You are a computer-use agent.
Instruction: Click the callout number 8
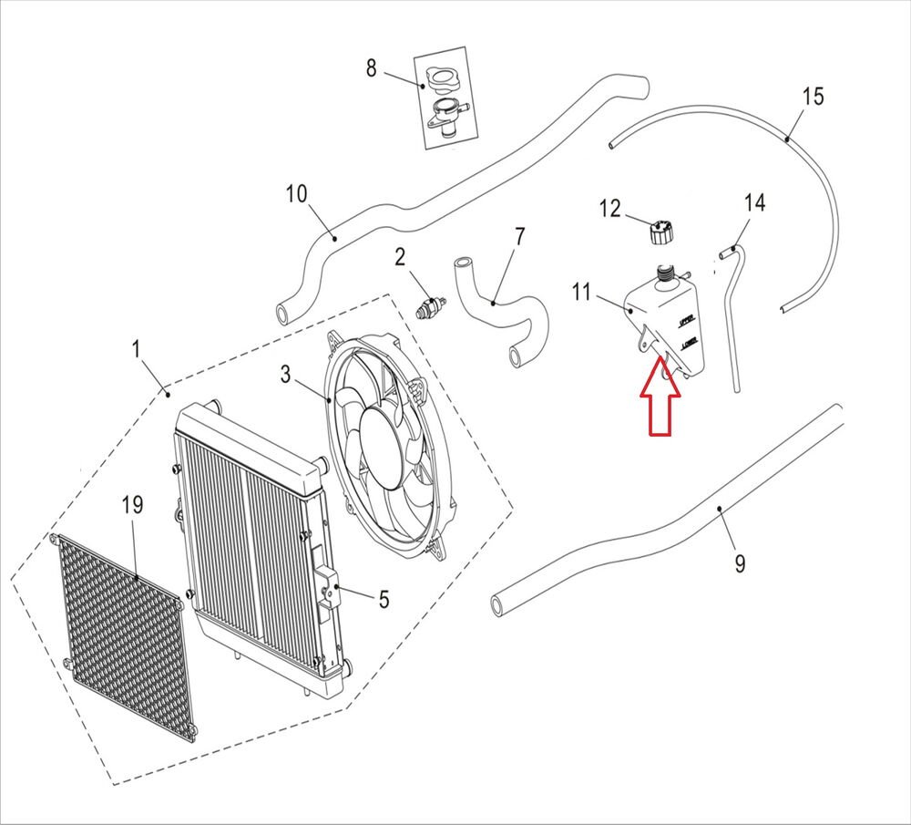(371, 67)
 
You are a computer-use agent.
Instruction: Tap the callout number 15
(813, 96)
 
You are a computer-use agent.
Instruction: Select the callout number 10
(297, 194)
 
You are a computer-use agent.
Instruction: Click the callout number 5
(384, 599)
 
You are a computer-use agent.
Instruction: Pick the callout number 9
(740, 564)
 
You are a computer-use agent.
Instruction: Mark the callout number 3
(285, 374)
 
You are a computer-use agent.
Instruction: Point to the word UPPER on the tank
(687, 320)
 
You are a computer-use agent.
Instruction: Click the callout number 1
(136, 348)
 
